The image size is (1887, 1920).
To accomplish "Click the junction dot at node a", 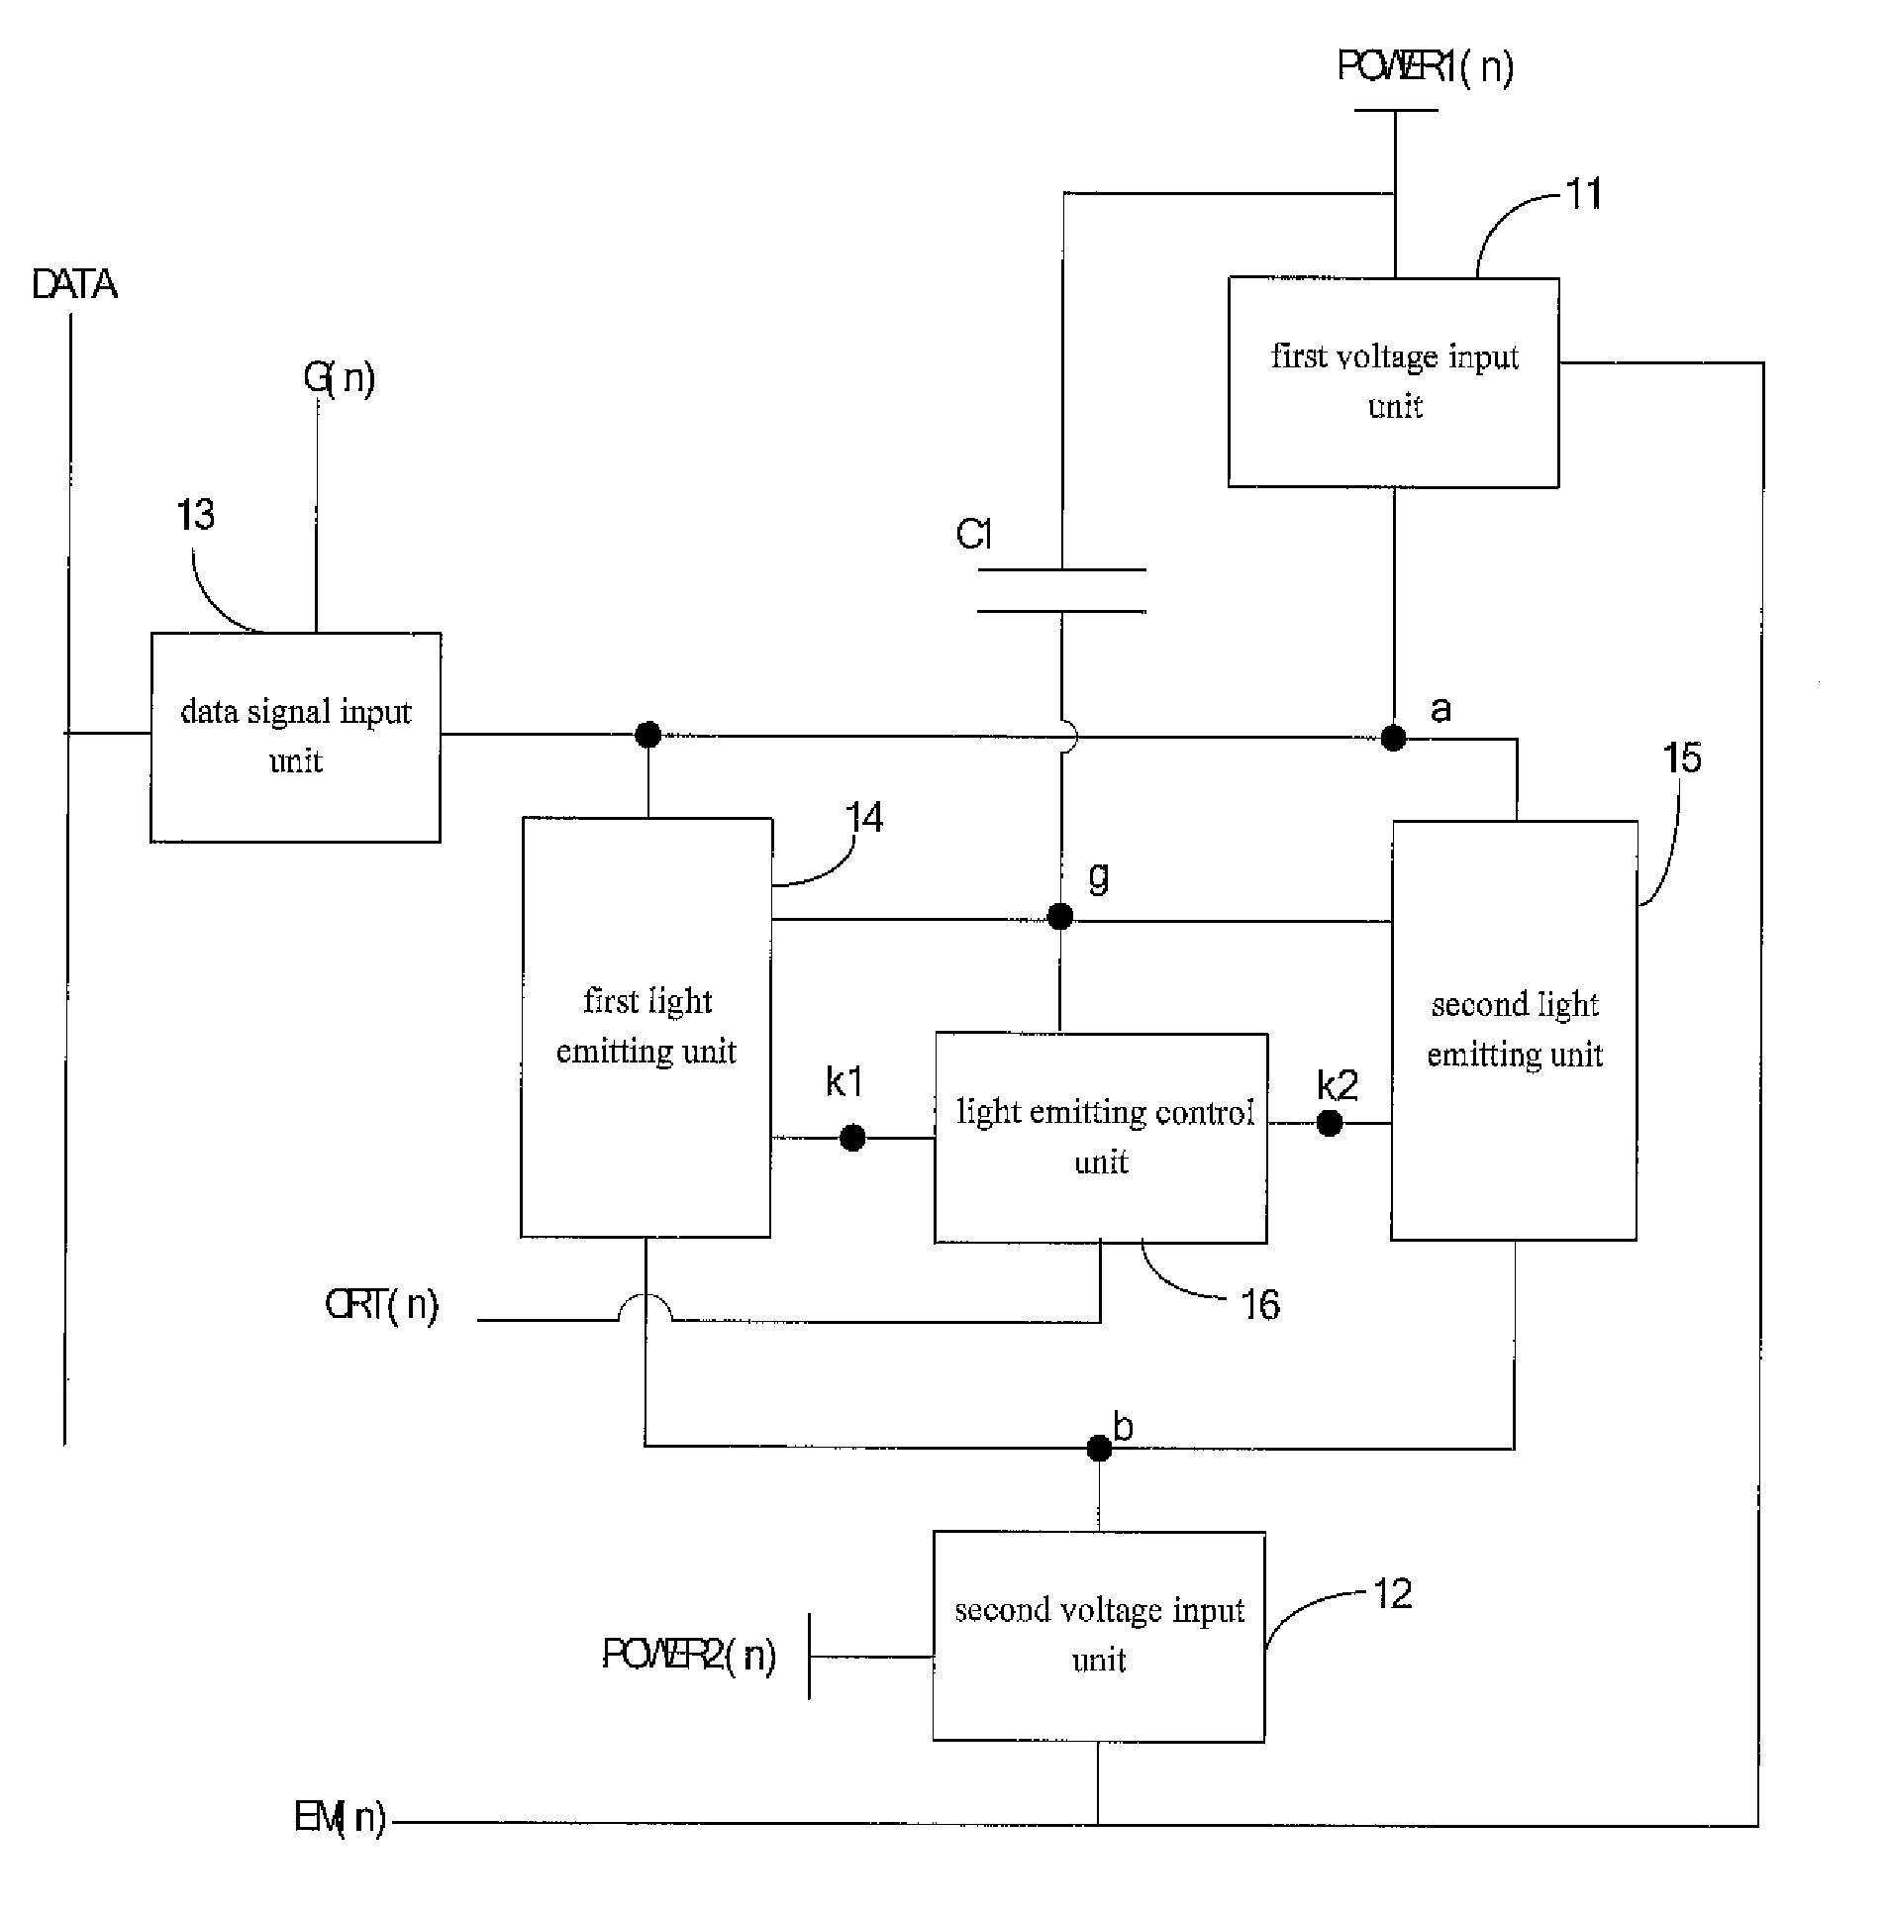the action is (1393, 738).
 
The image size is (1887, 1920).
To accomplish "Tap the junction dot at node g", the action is (1060, 916).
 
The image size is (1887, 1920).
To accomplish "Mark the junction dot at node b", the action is (1099, 1449).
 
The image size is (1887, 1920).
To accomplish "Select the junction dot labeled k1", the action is (852, 1138).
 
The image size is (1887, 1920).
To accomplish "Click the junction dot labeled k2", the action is (1330, 1123).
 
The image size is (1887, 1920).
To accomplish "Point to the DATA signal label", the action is (74, 285).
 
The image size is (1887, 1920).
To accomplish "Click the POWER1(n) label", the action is (1426, 67).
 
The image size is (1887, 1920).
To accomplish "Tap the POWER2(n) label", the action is (689, 1655).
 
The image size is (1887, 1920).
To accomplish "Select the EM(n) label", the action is (340, 1817).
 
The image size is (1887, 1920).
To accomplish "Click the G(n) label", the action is (339, 377).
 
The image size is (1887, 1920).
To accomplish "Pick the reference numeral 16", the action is (1259, 1304).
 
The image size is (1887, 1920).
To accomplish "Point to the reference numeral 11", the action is (1584, 194).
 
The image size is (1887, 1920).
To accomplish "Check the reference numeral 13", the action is (195, 515).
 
